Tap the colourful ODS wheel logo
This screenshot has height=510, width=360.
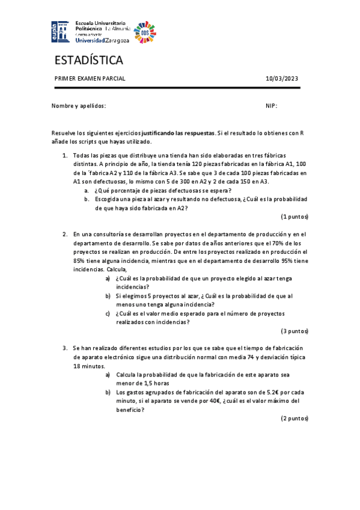tap(144, 31)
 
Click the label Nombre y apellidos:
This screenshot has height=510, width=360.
tap(79, 106)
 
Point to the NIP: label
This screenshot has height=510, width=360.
tap(271, 106)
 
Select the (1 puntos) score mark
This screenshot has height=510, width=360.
tap(294, 217)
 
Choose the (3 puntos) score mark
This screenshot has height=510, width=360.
tap(294, 331)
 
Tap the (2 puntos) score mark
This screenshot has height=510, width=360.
tap(294, 418)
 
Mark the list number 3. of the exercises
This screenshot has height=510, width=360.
tap(66, 348)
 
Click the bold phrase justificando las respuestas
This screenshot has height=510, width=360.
tap(177, 132)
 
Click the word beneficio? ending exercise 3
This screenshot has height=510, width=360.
tap(130, 410)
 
